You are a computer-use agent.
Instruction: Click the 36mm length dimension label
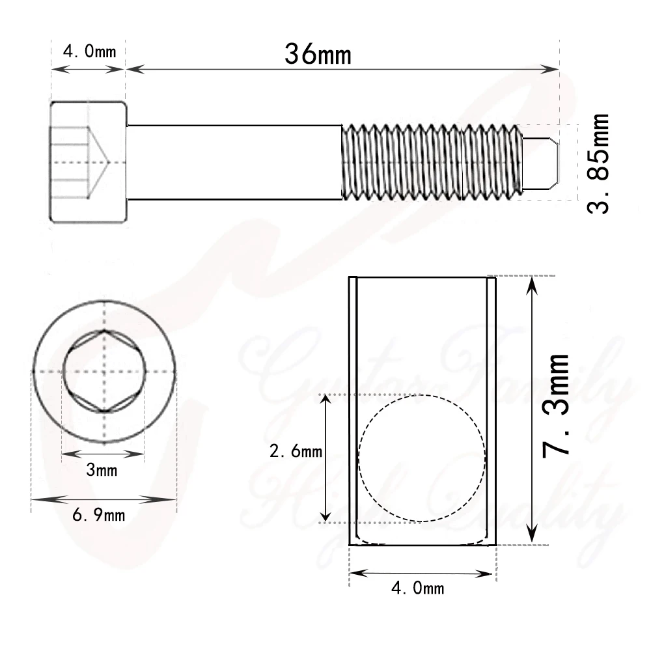pyautogui.click(x=318, y=54)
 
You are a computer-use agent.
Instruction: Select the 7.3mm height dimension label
pyautogui.click(x=557, y=406)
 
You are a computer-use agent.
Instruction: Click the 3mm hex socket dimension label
pyautogui.click(x=102, y=469)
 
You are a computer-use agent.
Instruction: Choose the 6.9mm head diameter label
pyautogui.click(x=99, y=516)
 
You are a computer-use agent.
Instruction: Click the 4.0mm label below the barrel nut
pyautogui.click(x=417, y=589)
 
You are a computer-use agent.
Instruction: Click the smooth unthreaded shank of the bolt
pyautogui.click(x=234, y=161)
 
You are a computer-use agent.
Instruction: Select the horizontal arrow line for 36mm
pyautogui.click(x=342, y=68)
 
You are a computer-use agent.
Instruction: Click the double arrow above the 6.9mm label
pyautogui.click(x=104, y=500)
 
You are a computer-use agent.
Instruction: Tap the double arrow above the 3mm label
pyautogui.click(x=103, y=454)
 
